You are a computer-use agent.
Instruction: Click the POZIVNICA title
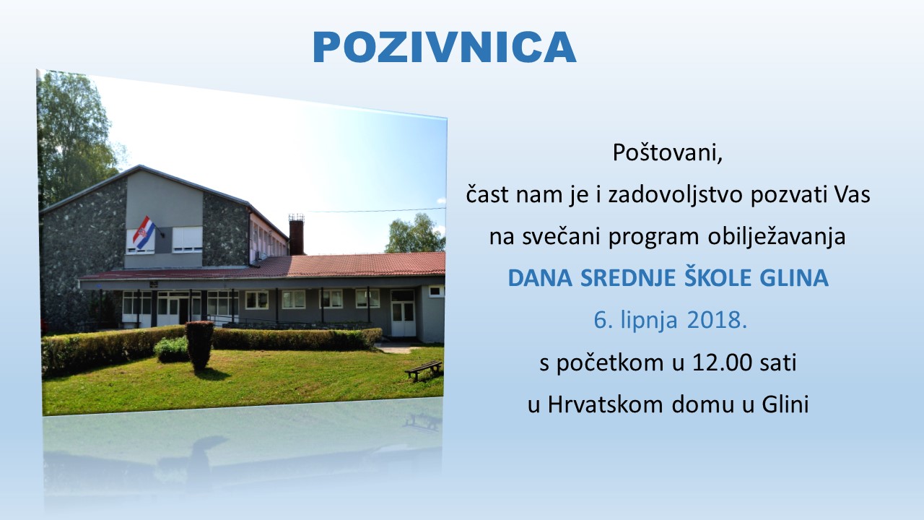tap(444, 47)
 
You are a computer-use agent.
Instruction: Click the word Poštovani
tap(667, 153)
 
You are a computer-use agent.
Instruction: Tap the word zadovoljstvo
tap(675, 195)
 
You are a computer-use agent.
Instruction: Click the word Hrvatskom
tap(605, 404)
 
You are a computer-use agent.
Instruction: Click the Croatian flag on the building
tap(144, 233)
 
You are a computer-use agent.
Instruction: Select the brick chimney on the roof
tap(296, 235)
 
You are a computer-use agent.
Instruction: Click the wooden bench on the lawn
tap(424, 370)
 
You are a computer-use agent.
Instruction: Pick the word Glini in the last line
tap(785, 404)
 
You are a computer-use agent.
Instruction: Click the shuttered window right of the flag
tap(187, 239)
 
